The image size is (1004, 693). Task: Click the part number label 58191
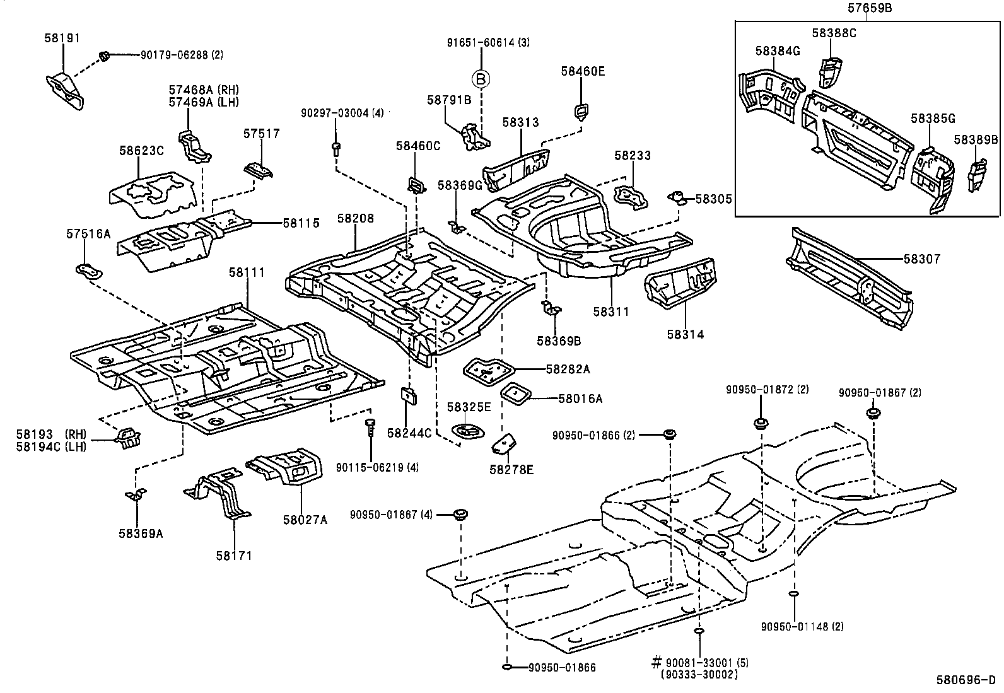pos(62,38)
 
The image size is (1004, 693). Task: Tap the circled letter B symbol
pos(480,79)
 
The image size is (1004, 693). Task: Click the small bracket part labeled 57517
pos(259,170)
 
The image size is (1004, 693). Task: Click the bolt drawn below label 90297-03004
pos(336,148)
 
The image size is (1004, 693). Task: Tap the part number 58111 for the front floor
pos(247,272)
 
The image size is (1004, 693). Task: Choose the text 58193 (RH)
pos(52,434)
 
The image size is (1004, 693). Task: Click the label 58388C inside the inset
pos(834,34)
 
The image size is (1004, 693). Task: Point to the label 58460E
pos(583,71)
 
